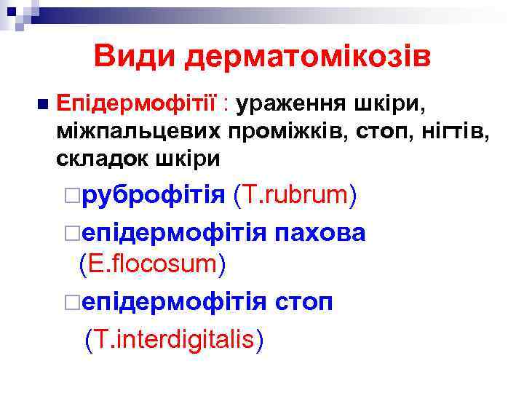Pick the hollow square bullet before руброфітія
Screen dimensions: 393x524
[70, 196]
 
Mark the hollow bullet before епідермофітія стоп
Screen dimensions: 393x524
[70, 302]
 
